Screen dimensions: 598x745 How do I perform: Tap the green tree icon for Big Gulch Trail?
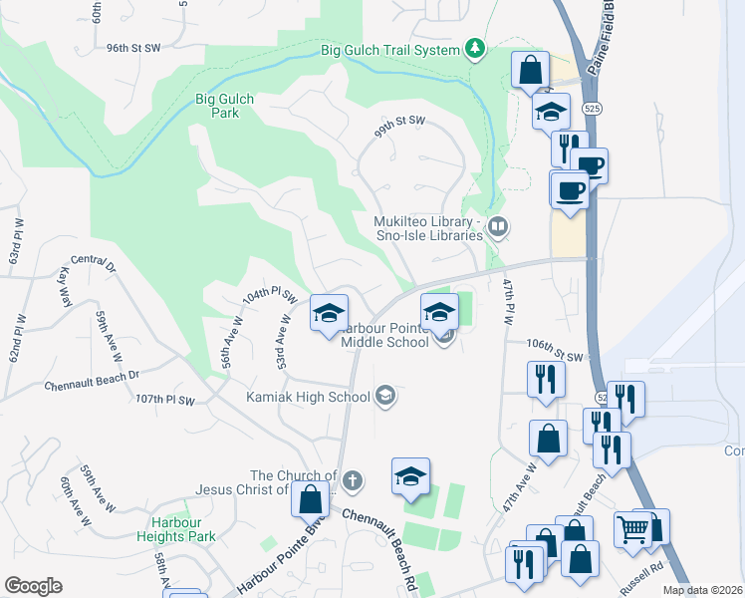[x=476, y=49]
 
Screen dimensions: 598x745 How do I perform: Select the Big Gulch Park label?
[x=224, y=106]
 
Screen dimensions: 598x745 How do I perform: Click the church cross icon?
[x=353, y=482]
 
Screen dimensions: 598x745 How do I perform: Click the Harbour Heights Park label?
[x=183, y=529]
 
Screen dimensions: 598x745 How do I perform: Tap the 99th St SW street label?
[x=399, y=122]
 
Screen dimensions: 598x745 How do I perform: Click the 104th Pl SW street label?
[x=270, y=296]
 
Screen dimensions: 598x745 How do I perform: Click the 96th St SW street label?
[x=132, y=47]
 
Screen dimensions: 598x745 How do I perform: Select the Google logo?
[x=34, y=586]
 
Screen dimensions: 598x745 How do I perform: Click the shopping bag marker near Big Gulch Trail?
[x=529, y=72]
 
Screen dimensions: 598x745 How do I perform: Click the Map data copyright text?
[x=702, y=590]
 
